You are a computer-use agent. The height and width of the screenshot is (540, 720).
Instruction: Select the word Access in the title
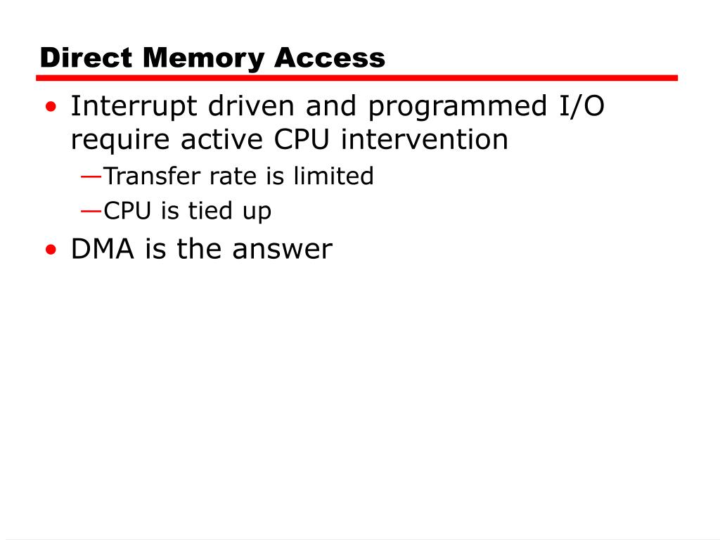pyautogui.click(x=330, y=58)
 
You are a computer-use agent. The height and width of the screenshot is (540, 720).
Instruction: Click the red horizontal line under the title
pyautogui.click(x=359, y=78)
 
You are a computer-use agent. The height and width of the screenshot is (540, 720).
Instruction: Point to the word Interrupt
pyautogui.click(x=133, y=107)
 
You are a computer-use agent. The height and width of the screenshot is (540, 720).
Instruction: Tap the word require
pyautogui.click(x=121, y=139)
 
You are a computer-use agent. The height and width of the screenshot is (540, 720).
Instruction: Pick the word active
pyautogui.click(x=222, y=139)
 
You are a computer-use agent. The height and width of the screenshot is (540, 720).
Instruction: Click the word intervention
pyautogui.click(x=424, y=139)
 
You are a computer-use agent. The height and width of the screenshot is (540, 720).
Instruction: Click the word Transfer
pyautogui.click(x=150, y=176)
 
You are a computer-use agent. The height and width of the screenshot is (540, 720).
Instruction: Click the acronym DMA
pyautogui.click(x=103, y=249)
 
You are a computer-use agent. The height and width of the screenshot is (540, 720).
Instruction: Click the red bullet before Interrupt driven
pyautogui.click(x=51, y=108)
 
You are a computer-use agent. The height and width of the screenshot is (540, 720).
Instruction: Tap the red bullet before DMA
pyautogui.click(x=51, y=250)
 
